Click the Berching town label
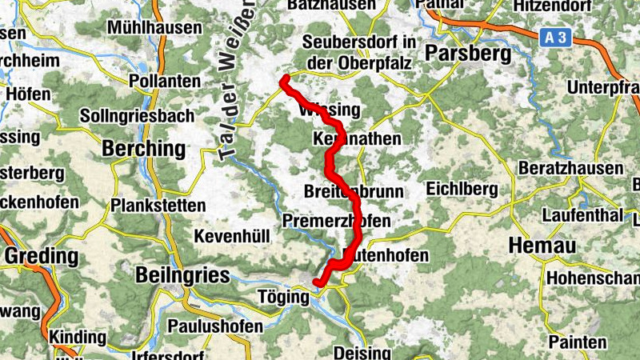point(144,149)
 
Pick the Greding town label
point(42,257)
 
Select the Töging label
point(284,297)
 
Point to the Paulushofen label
point(215,326)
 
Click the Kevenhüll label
point(232,236)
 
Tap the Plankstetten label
point(159,205)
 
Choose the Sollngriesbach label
point(138,116)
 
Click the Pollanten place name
point(164,82)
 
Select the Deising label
point(362,352)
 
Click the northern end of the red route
point(284,78)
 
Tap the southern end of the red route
point(318,282)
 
